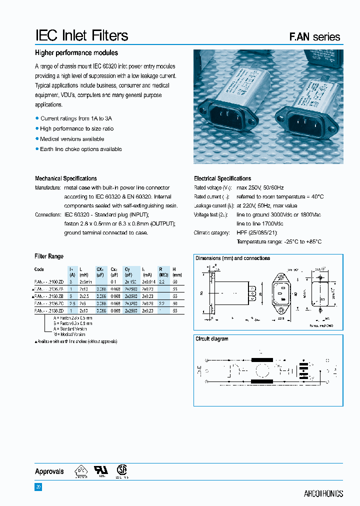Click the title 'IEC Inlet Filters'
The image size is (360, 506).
tap(81, 35)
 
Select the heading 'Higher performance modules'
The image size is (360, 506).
tap(76, 53)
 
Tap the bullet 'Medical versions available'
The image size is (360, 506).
tap(72, 139)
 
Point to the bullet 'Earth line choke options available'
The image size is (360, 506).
tap(80, 149)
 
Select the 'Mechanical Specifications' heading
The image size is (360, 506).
tap(66, 178)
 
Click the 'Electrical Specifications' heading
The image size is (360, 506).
tap(222, 178)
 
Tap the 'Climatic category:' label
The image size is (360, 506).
tap(211, 232)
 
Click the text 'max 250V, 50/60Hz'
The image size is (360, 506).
tap(260, 187)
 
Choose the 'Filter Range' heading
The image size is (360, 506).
tap(49, 256)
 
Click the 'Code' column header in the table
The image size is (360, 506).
tap(39, 269)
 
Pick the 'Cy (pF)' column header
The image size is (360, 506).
tap(127, 271)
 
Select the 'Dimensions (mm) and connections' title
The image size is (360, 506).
tap(232, 258)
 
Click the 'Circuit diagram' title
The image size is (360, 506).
tap(211, 339)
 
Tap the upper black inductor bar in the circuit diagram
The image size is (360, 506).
tap(261, 360)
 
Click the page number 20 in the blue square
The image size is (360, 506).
tap(38, 487)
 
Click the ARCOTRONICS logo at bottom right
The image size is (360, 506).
tap(323, 493)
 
